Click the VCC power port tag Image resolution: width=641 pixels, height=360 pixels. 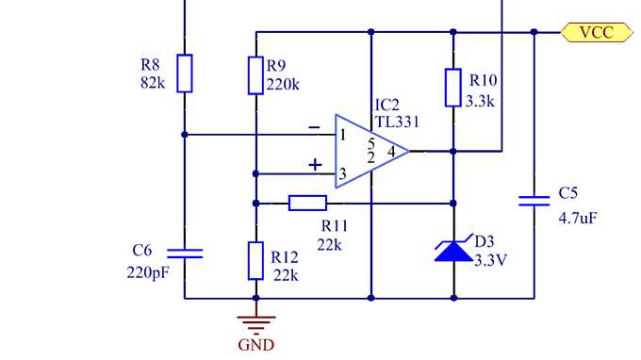[594, 32]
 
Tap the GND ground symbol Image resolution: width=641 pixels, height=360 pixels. [255, 321]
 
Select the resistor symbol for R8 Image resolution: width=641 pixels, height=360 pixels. [185, 74]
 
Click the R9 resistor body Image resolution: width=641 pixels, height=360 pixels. [255, 75]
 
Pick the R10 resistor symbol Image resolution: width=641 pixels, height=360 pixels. [453, 88]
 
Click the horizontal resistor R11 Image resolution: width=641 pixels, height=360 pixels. [307, 203]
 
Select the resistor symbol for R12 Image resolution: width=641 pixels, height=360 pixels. [255, 260]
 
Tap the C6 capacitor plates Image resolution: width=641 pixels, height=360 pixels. [185, 253]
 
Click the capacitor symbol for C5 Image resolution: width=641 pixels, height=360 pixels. [534, 201]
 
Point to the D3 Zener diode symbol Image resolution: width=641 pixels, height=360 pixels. [453, 250]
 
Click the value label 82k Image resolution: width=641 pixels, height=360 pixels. [153, 83]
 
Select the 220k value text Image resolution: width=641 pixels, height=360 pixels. [283, 84]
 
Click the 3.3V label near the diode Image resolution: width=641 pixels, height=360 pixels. [491, 260]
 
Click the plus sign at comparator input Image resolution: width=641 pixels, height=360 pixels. [315, 165]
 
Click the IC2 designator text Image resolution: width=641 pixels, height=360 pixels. [387, 104]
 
